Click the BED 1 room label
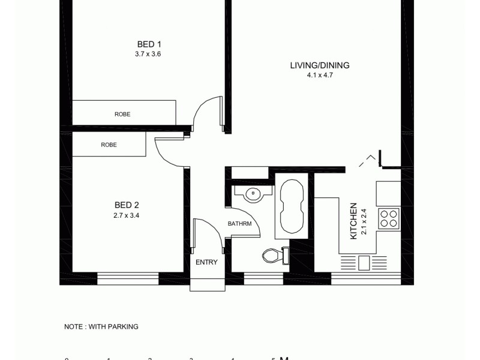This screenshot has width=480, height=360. (149, 44)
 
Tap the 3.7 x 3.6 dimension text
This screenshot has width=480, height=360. (148, 54)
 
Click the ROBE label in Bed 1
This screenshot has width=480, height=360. (122, 114)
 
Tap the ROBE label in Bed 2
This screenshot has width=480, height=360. (109, 145)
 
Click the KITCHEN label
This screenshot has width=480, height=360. (354, 221)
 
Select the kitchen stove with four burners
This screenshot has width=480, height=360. (388, 218)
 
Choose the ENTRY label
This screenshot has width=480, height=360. (206, 262)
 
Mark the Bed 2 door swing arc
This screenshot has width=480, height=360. (168, 150)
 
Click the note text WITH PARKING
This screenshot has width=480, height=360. (101, 327)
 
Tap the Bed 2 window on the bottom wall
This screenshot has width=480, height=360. (128, 278)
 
